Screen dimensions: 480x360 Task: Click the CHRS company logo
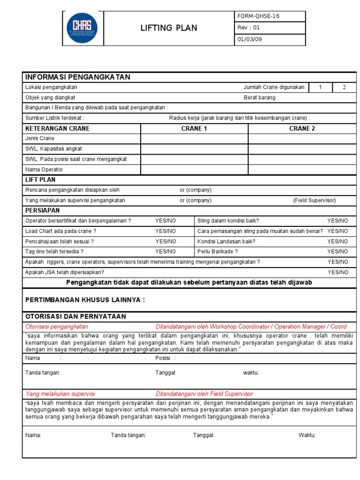point(82,28)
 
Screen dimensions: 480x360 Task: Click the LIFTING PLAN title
point(169,28)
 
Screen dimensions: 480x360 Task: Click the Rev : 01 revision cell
point(248,28)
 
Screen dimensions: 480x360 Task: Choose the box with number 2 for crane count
point(344,87)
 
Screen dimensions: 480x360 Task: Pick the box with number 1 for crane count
point(320,87)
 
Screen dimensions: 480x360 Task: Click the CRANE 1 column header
point(194,128)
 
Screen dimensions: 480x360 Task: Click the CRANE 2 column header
point(302,128)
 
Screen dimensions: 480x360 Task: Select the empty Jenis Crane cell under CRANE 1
point(194,139)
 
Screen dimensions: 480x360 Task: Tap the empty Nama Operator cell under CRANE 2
point(302,169)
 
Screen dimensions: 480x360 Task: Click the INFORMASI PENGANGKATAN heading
point(77,77)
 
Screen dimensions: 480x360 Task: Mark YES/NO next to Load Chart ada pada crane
point(166,231)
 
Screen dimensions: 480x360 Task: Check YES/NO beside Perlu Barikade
point(337,252)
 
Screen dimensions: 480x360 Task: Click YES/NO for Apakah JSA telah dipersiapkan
point(337,272)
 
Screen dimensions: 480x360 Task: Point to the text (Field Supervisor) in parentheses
point(315,200)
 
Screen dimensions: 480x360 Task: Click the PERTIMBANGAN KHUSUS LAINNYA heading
point(85,300)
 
